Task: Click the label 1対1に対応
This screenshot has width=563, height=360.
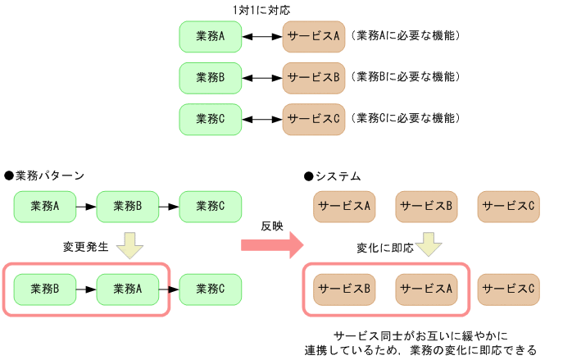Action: [x=261, y=10]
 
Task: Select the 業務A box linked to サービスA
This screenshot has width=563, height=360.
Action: [x=211, y=36]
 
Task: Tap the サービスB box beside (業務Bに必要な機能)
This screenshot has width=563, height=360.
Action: [x=313, y=77]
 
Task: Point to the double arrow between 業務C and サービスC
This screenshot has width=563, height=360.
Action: [x=262, y=118]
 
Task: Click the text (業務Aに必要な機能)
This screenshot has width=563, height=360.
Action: [x=405, y=36]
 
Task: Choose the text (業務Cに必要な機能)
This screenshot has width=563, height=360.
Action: [x=405, y=118]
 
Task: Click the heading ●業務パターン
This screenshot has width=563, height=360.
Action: [x=44, y=176]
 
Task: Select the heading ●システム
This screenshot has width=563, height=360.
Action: [x=332, y=176]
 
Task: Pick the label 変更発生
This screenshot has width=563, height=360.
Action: [x=85, y=246]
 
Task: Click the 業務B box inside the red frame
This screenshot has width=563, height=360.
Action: [x=45, y=289]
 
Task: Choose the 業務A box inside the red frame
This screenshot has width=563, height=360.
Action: [x=128, y=289]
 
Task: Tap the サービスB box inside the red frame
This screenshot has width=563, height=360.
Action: [x=344, y=289]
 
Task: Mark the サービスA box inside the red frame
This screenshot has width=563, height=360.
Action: [x=426, y=289]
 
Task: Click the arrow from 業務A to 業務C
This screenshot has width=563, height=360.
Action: [x=169, y=289]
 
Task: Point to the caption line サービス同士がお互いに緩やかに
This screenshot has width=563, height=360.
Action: [x=421, y=336]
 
